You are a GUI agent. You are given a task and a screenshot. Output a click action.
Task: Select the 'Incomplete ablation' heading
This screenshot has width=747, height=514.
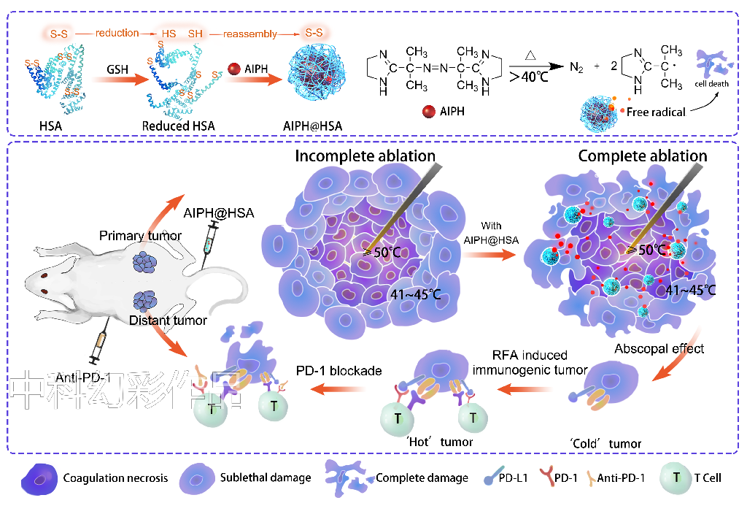pyautogui.click(x=365, y=156)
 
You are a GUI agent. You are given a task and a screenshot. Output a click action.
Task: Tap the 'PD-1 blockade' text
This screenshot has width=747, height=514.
pyautogui.click(x=338, y=371)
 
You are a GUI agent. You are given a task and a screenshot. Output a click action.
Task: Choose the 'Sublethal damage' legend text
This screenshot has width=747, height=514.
pyautogui.click(x=266, y=478)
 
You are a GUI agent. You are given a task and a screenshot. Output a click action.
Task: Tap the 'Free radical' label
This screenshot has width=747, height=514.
pyautogui.click(x=656, y=112)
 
